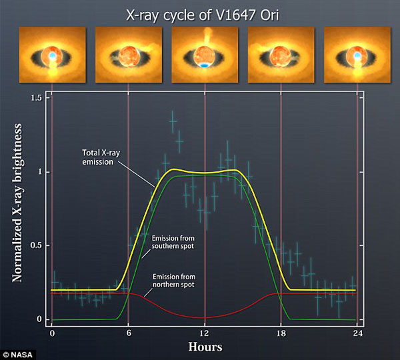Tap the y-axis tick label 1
[x=40, y=171]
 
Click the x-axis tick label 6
[x=128, y=333]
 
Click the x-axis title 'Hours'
[x=205, y=347]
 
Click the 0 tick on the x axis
[x=52, y=333]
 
